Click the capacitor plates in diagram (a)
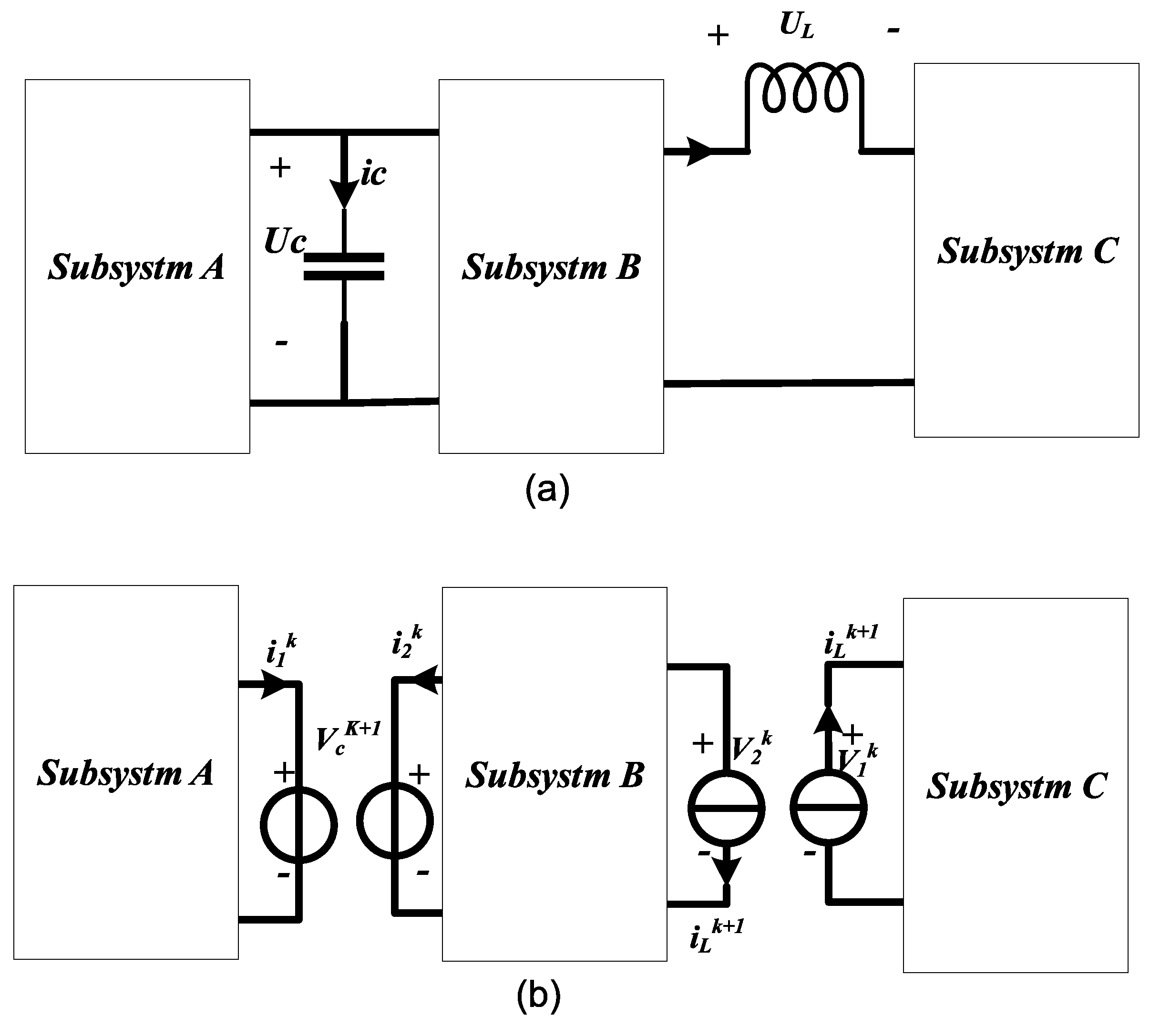[344, 267]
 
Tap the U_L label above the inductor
[796, 25]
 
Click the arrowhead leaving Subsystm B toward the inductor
[700, 151]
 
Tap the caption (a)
[547, 490]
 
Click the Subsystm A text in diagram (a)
[136, 267]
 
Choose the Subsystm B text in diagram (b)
[554, 775]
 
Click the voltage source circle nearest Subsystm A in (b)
[298, 825]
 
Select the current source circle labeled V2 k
[726, 808]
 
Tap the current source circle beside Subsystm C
[828, 808]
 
